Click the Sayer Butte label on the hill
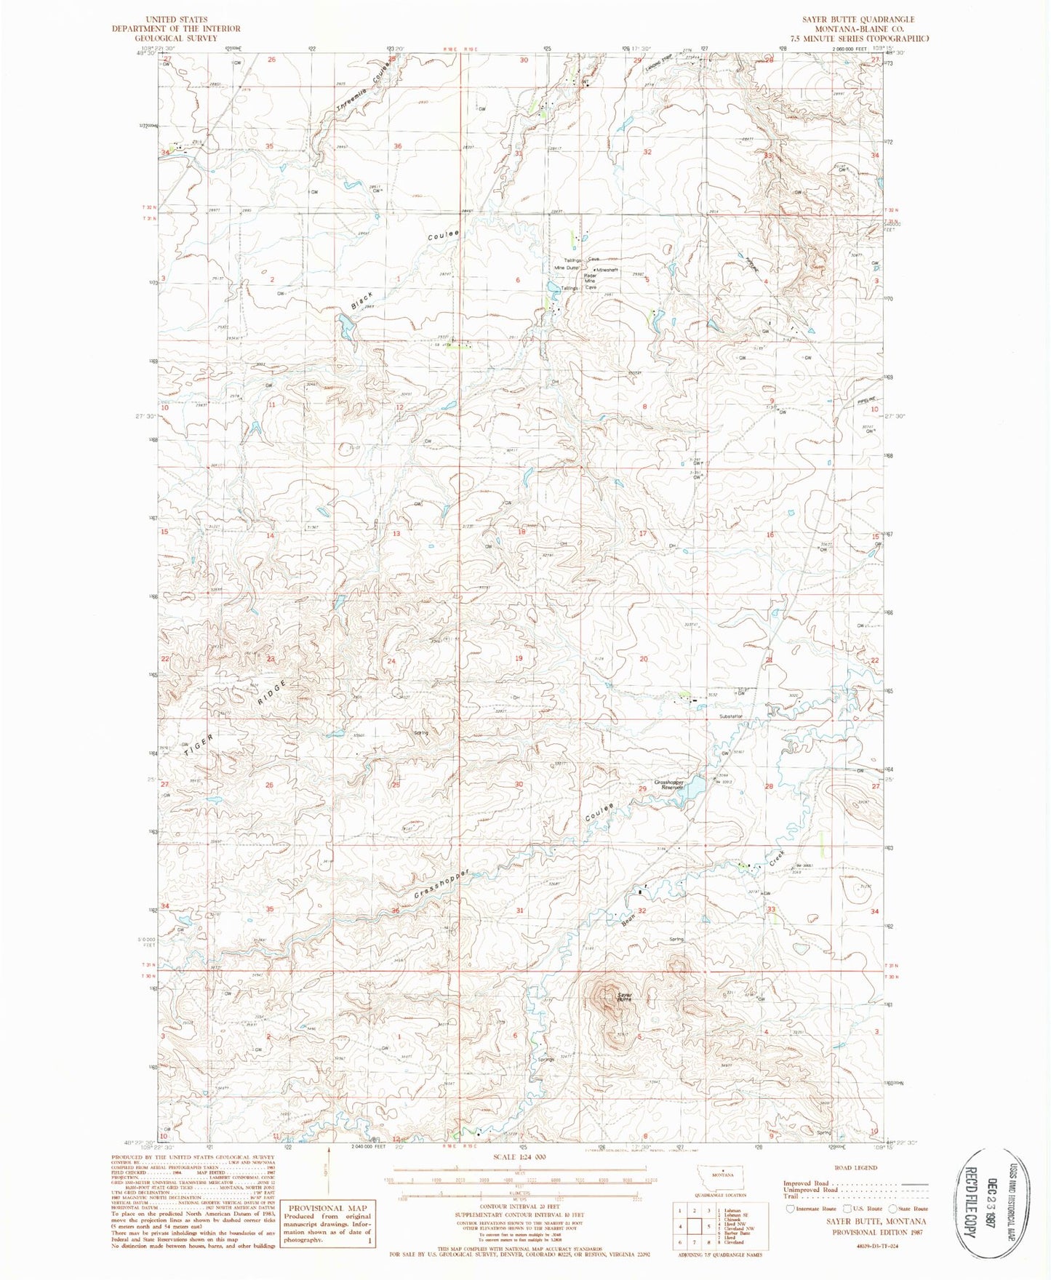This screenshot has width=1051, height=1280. click(x=623, y=997)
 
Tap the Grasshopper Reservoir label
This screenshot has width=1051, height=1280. click(x=668, y=785)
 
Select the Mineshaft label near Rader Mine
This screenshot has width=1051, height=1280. click(x=607, y=270)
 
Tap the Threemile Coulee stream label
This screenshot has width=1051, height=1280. click(x=363, y=85)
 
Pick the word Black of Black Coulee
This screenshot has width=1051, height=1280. click(x=362, y=300)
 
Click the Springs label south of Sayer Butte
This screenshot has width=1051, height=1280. click(x=546, y=1060)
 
